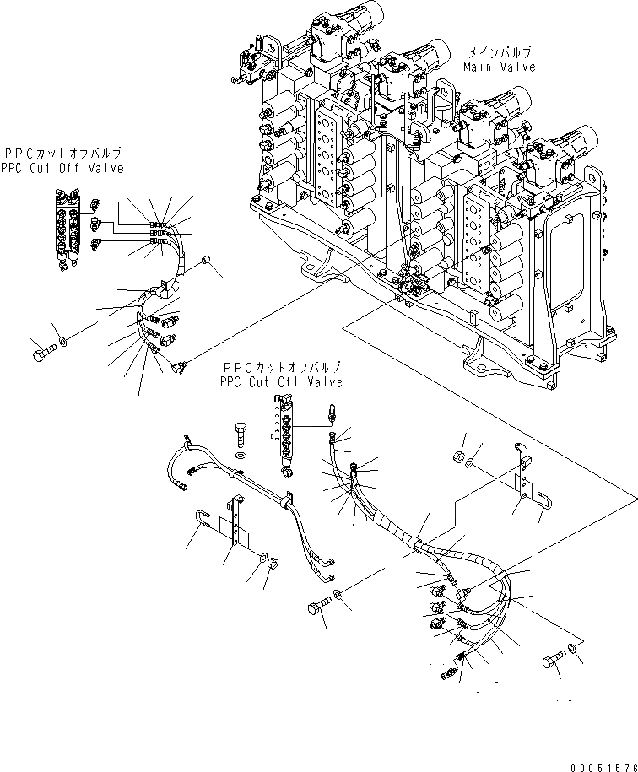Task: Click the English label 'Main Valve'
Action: coord(499,67)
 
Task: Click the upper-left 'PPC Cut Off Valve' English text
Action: coord(62,168)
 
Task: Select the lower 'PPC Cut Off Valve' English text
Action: coord(282,382)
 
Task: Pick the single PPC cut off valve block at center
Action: coord(285,427)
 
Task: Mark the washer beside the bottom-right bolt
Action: coord(574,648)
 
